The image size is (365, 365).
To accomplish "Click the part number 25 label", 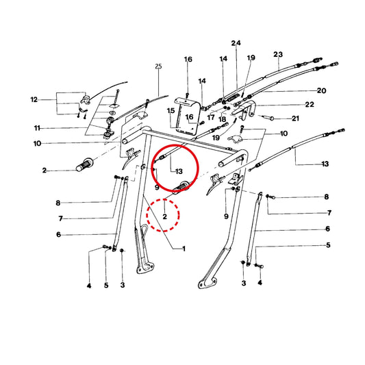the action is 158,66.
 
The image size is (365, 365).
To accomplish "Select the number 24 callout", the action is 236,43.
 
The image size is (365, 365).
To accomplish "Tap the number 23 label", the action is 278,54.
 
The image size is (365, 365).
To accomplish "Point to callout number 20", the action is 321,90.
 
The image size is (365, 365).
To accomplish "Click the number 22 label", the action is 310,104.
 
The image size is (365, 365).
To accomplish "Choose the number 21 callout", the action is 295,118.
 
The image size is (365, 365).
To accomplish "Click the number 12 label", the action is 34,99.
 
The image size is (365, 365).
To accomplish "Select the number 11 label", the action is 37,128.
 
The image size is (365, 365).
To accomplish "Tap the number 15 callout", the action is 171,110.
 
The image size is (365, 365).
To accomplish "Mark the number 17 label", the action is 211,117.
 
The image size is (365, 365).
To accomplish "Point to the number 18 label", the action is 223,119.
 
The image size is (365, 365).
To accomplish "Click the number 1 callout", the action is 184,249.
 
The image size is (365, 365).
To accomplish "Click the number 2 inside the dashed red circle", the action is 165,216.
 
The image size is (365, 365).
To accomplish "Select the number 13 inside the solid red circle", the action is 179,172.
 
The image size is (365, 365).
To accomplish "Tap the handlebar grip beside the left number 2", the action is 85,164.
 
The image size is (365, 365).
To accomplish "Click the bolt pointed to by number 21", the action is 268,118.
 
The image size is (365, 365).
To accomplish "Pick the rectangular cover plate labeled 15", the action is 187,116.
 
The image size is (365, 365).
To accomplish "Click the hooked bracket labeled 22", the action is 244,110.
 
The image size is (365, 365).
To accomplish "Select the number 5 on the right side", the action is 328,245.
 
